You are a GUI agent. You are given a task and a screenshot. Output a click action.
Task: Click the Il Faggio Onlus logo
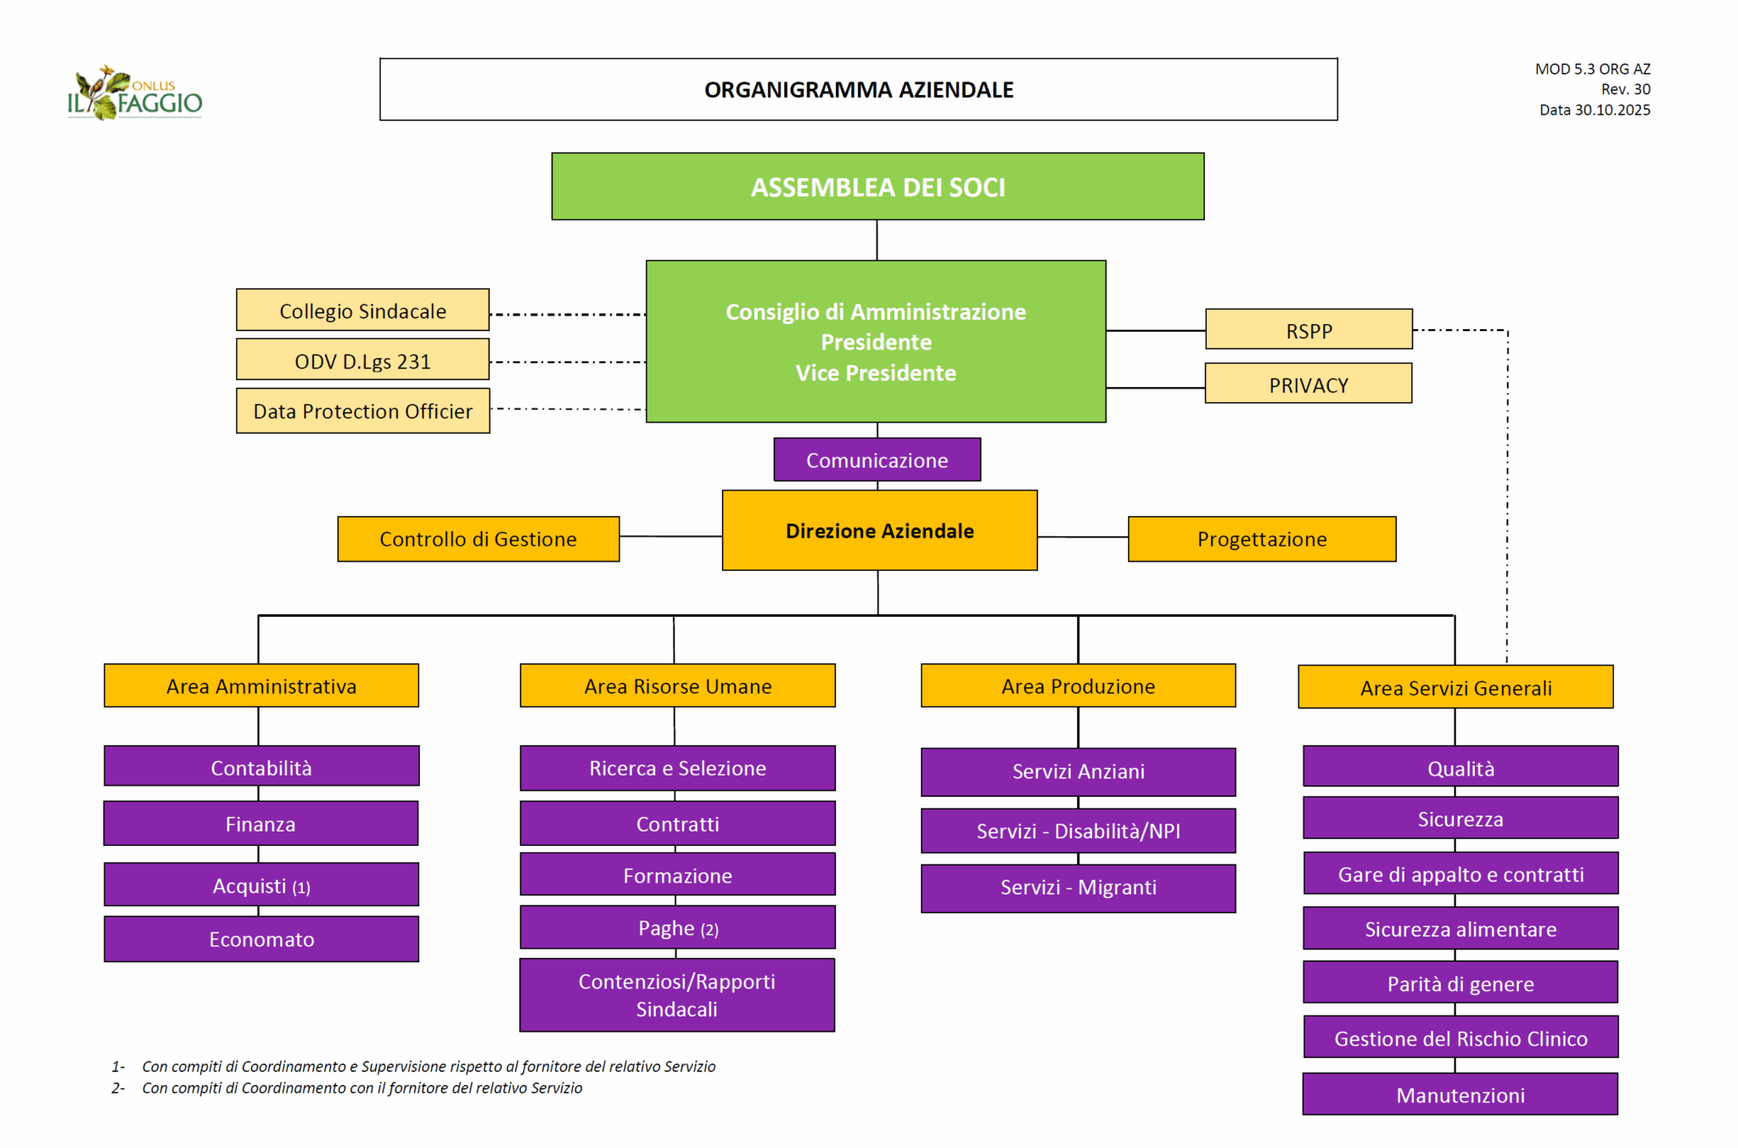click(135, 93)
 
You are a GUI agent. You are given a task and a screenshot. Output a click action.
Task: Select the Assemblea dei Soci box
click(877, 187)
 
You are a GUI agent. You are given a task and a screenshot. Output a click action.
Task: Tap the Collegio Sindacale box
click(362, 311)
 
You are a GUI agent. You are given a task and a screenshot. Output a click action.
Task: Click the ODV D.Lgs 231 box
click(362, 361)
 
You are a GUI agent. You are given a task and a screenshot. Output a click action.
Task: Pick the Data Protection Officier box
click(362, 411)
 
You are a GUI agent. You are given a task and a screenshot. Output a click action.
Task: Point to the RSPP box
click(1309, 330)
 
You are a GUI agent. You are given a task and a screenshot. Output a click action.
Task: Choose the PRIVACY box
click(1308, 384)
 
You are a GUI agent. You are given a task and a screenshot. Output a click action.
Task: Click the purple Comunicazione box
click(877, 460)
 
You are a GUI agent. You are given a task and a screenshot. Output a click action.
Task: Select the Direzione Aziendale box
click(879, 530)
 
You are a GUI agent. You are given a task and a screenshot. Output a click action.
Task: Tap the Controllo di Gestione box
click(478, 539)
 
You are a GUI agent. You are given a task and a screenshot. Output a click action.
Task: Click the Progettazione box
click(1261, 539)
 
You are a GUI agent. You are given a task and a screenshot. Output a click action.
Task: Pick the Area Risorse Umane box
click(677, 686)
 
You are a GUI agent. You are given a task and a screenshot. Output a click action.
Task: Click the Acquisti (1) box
click(261, 885)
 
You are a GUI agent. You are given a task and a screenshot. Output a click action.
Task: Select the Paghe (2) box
click(677, 927)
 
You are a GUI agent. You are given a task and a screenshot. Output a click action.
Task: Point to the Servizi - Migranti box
click(1078, 888)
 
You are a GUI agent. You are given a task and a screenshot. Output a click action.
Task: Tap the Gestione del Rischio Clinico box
click(1460, 1038)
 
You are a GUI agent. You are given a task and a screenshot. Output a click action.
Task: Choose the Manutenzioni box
click(1460, 1095)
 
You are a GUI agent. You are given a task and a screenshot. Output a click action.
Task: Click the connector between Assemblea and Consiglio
click(877, 240)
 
